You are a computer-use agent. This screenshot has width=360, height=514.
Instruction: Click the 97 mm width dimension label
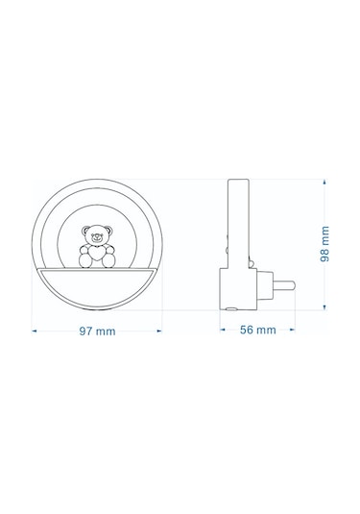click(x=97, y=331)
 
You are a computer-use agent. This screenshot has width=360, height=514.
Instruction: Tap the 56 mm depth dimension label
click(x=258, y=330)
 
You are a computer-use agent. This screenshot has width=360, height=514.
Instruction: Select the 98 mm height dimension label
click(x=324, y=244)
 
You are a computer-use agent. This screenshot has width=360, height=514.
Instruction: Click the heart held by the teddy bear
click(x=98, y=253)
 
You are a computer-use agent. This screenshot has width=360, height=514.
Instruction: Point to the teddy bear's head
click(x=97, y=234)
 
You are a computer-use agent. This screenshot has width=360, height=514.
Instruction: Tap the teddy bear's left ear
click(x=85, y=231)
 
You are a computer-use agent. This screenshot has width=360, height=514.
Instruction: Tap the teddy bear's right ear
click(x=108, y=231)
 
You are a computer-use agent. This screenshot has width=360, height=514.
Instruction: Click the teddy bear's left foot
click(x=85, y=261)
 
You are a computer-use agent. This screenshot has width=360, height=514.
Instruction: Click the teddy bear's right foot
click(x=108, y=261)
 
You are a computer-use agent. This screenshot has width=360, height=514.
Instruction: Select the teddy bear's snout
click(x=97, y=237)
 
